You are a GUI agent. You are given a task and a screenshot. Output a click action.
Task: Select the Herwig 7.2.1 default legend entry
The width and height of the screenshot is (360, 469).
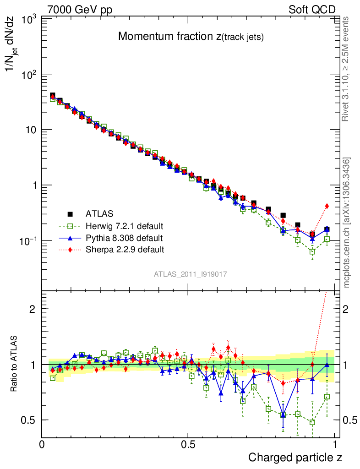tap(124, 226)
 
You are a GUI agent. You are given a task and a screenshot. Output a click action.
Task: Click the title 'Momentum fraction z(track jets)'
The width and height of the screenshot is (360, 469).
tap(191, 37)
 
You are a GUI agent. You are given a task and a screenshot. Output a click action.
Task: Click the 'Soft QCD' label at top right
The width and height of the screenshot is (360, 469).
tap(312, 9)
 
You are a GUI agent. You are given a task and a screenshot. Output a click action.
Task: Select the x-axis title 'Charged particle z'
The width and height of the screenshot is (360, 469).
tap(295, 457)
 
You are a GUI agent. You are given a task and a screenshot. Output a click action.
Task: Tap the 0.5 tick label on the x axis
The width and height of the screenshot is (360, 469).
tap(188, 444)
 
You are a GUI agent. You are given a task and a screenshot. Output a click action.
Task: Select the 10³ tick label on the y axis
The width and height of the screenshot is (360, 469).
tap(28, 19)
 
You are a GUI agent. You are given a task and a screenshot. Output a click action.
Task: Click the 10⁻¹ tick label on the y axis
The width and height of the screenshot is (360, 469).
tap(27, 241)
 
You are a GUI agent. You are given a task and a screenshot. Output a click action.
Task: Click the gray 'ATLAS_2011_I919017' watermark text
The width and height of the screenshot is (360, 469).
tap(191, 274)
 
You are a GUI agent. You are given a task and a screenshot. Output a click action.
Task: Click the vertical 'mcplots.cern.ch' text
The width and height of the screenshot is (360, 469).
tap(347, 222)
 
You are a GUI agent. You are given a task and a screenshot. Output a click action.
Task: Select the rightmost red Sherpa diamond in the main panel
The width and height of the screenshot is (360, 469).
tap(327, 206)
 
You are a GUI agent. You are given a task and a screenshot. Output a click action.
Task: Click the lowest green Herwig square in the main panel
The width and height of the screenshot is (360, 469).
tap(312, 251)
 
